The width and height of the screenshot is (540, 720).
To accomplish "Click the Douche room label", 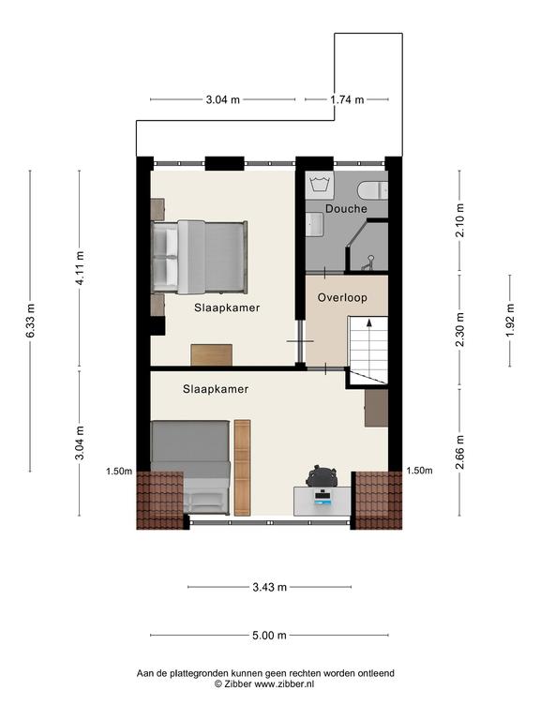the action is click(346, 208).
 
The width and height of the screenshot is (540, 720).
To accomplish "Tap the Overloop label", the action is click(342, 297).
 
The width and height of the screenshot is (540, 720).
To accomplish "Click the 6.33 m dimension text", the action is click(30, 321).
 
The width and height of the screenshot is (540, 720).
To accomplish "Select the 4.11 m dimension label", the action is click(80, 268).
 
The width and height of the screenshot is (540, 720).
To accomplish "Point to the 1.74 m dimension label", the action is click(347, 99).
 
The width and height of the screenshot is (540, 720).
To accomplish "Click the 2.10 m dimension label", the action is click(459, 220).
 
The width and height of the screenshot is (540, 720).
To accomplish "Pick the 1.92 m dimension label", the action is click(510, 321).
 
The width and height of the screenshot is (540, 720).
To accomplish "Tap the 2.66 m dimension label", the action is click(459, 452).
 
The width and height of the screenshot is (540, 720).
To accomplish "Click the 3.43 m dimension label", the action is click(270, 587).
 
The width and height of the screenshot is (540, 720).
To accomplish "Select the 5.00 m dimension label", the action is click(269, 636).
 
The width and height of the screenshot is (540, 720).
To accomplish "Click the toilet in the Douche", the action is click(372, 190).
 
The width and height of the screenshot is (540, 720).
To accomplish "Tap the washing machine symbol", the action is click(320, 185).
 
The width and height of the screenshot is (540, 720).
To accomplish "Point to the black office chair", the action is click(322, 476).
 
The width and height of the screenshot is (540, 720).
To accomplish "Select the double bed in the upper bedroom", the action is click(200, 257).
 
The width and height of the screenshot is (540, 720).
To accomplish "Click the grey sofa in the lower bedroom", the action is click(190, 468).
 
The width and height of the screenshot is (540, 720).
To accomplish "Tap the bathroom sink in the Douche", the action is click(315, 225).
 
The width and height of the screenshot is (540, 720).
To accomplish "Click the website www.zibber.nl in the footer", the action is click(284, 684).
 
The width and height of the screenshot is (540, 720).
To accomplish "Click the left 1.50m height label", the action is click(119, 472).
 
